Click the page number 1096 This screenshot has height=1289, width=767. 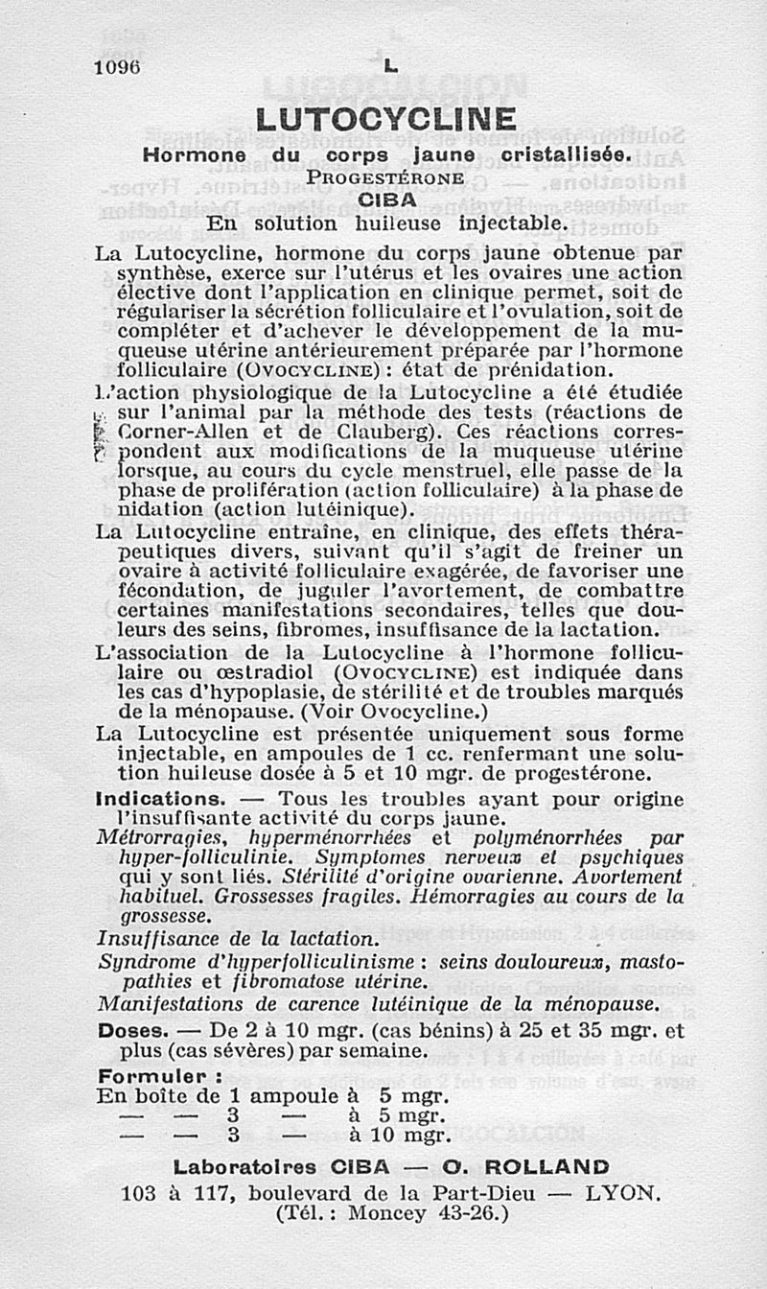pos(117,67)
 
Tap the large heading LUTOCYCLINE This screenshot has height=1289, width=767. pos(386,120)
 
